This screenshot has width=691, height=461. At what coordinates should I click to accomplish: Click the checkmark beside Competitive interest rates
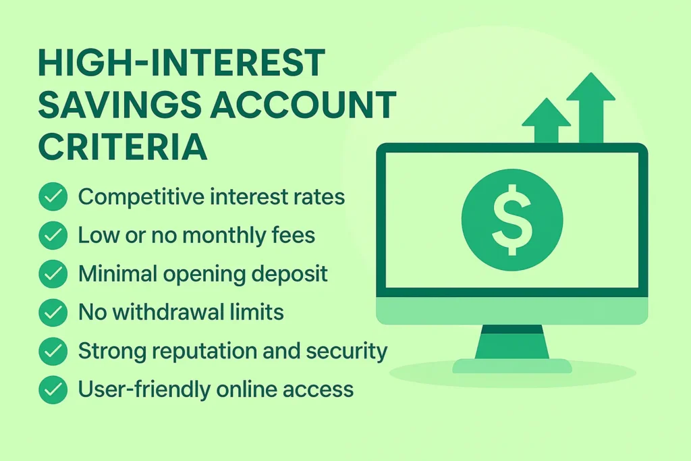(53, 198)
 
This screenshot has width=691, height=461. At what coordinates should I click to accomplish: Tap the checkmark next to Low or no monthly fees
(53, 236)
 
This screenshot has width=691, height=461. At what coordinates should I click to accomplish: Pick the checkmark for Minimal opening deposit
(53, 274)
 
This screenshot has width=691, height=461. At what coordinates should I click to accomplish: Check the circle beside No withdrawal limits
(53, 313)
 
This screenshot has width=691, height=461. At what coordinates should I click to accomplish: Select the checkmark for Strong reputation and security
(53, 351)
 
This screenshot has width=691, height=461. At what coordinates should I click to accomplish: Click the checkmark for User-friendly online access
(53, 389)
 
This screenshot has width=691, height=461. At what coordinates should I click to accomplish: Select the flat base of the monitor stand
(512, 367)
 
